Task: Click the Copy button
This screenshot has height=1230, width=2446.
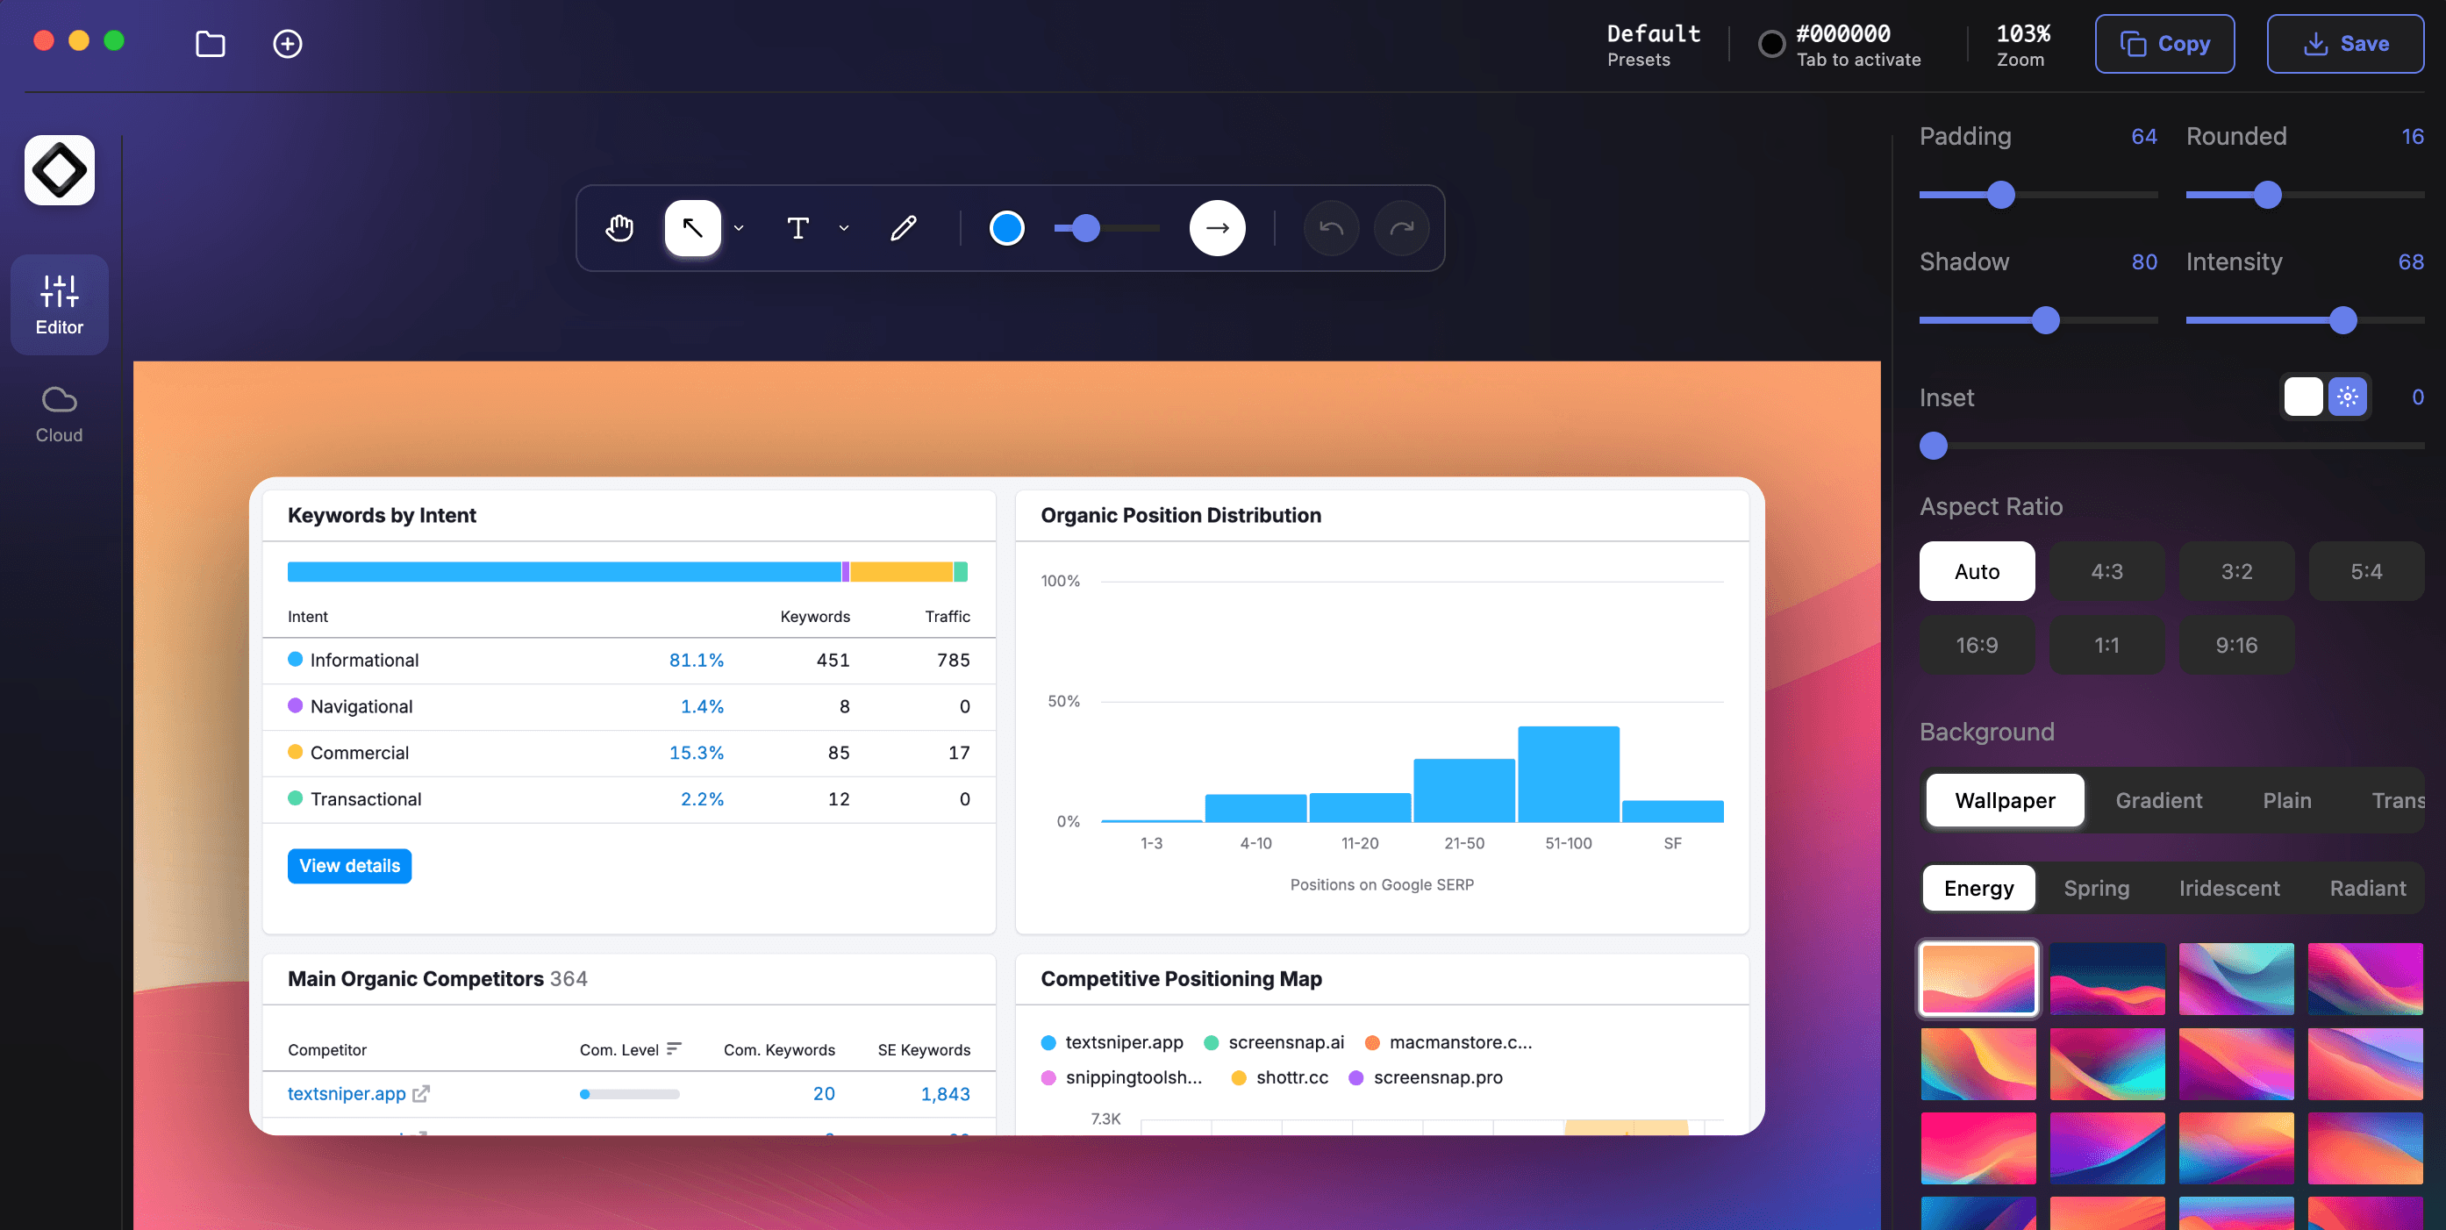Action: click(x=2164, y=44)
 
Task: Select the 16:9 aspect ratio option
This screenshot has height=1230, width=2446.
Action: click(x=1976, y=645)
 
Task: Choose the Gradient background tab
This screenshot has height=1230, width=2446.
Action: click(x=2157, y=800)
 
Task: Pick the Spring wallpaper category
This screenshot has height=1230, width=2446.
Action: click(x=2096, y=888)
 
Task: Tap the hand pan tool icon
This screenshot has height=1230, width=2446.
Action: click(x=619, y=228)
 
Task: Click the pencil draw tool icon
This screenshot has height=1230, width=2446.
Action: click(x=903, y=228)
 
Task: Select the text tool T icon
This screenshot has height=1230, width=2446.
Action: click(x=797, y=228)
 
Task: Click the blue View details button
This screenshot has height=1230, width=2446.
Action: click(x=349, y=865)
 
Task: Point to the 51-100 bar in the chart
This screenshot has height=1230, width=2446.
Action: click(x=1568, y=774)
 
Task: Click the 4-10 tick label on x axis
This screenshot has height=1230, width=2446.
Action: click(x=1255, y=842)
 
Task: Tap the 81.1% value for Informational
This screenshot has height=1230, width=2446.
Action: click(x=696, y=660)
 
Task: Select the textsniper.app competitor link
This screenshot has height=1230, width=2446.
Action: click(x=347, y=1093)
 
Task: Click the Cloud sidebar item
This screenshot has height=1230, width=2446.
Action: click(x=59, y=415)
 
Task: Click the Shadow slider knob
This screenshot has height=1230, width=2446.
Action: click(x=2045, y=320)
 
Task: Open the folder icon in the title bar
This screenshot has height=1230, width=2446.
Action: click(x=210, y=44)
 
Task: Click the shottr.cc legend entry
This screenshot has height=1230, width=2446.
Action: click(x=1291, y=1077)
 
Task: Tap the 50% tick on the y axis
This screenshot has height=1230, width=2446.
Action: click(x=1063, y=701)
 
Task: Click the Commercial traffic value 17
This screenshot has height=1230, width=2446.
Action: click(x=958, y=752)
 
